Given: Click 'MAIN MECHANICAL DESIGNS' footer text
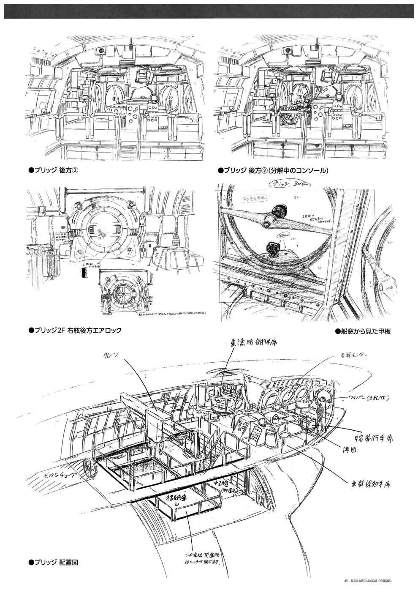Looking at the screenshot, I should click(x=371, y=581).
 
